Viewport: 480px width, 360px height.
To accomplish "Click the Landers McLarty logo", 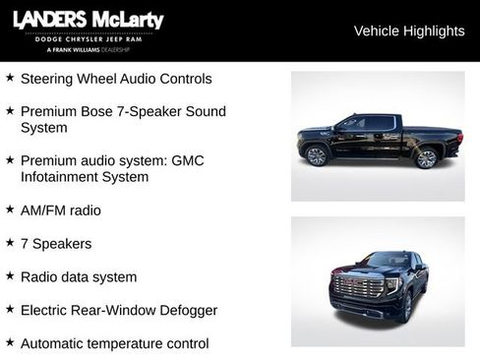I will pyautogui.click(x=88, y=21).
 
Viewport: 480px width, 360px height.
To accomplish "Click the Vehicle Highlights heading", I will pyautogui.click(x=408, y=31).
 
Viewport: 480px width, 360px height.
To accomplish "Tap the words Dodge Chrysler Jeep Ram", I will pyautogui.click(x=88, y=40).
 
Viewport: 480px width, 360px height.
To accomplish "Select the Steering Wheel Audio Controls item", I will pyautogui.click(x=116, y=79).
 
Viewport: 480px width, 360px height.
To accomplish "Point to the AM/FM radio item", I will pyautogui.click(x=60, y=210).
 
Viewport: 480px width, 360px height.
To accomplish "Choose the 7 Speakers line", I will pyautogui.click(x=55, y=244).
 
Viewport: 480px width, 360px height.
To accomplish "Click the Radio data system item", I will pyautogui.click(x=79, y=277).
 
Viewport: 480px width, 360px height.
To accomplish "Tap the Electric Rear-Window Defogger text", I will pyautogui.click(x=119, y=311).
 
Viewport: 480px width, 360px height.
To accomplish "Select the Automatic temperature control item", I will pyautogui.click(x=114, y=344).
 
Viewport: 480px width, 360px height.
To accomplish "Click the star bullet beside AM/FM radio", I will pyautogui.click(x=10, y=210).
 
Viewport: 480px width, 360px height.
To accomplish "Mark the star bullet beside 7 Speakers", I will pyautogui.click(x=10, y=243).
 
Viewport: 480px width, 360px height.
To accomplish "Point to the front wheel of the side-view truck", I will pyautogui.click(x=317, y=156).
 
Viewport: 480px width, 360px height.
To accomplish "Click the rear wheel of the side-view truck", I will pyautogui.click(x=426, y=158).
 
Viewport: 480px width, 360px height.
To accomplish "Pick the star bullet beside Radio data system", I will pyautogui.click(x=10, y=276).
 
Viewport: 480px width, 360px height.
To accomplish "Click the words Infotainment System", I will pyautogui.click(x=85, y=177).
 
